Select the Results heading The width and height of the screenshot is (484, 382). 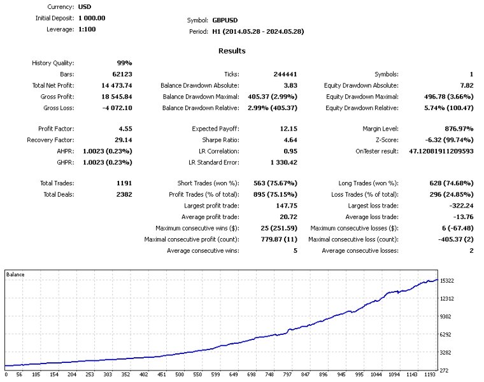click(232, 51)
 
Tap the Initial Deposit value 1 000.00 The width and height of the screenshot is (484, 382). click(92, 18)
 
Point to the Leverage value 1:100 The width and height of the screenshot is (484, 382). click(87, 29)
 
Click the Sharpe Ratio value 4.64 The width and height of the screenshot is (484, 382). click(288, 140)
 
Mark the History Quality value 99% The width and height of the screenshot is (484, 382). click(124, 63)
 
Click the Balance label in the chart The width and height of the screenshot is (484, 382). click(15, 274)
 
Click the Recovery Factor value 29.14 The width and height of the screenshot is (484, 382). click(122, 140)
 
